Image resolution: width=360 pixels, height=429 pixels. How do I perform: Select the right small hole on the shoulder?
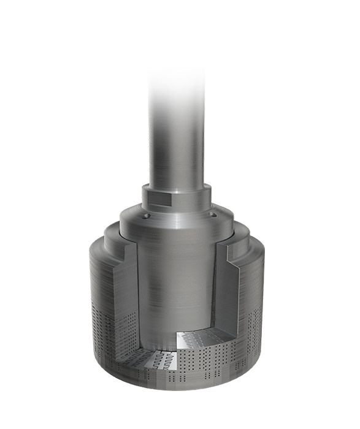point(213,215)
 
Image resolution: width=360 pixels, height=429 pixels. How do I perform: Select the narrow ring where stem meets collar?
point(177,183)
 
